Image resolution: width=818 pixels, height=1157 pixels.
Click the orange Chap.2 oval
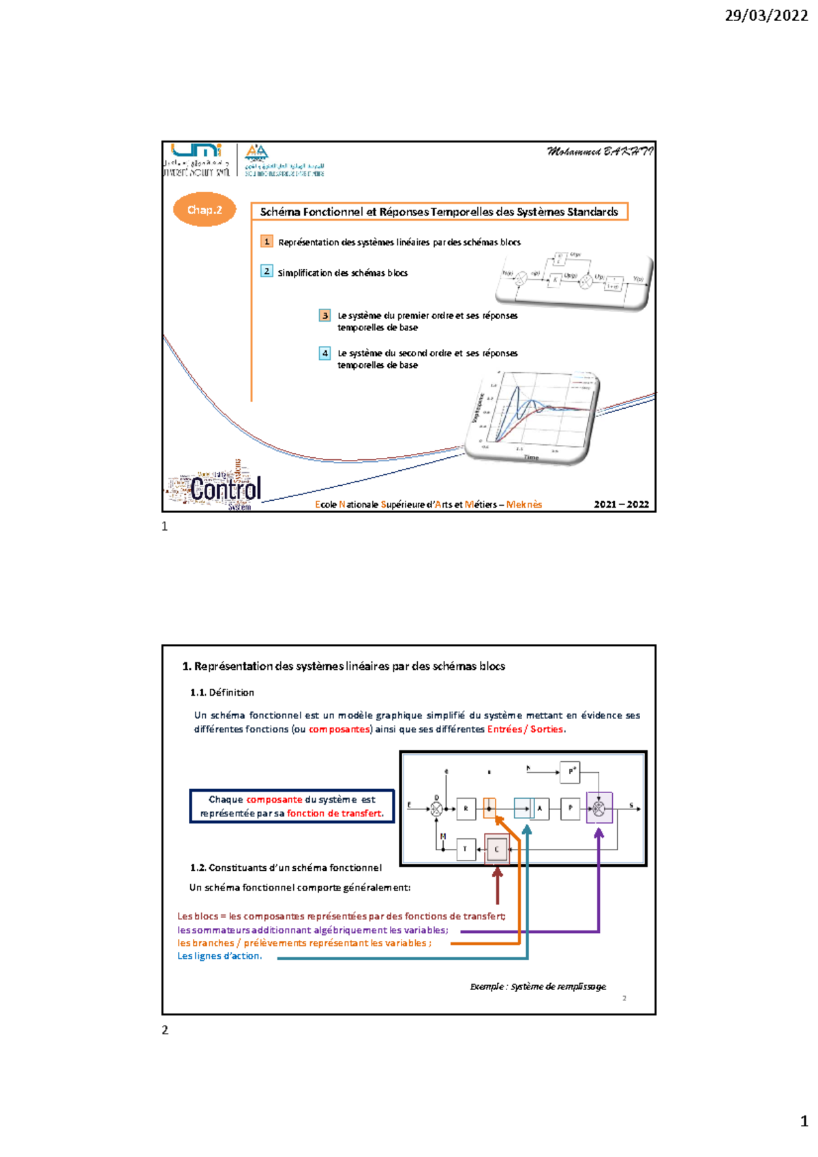click(x=204, y=210)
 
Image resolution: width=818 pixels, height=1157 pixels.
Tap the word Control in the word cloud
click(x=225, y=489)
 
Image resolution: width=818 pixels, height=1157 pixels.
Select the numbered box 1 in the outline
click(x=267, y=241)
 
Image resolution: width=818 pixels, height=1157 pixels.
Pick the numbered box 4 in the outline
click(x=325, y=353)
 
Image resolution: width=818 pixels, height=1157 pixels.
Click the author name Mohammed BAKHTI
click(x=599, y=151)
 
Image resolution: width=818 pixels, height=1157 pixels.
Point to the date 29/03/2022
click(x=766, y=16)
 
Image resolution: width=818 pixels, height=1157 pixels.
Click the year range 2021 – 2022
click(x=621, y=504)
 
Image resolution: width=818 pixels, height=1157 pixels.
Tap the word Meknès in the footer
click(x=524, y=504)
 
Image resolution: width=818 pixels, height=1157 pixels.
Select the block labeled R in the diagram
click(x=466, y=808)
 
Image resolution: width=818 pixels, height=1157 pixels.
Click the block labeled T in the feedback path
click(x=466, y=849)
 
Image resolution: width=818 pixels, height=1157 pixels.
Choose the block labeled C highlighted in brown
click(x=496, y=849)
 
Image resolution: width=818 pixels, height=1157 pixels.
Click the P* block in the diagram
click(x=570, y=771)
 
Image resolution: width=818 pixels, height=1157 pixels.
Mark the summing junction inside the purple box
click(x=599, y=808)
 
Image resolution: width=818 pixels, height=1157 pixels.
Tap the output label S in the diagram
click(x=631, y=805)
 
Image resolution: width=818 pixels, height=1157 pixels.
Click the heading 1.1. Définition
click(x=222, y=692)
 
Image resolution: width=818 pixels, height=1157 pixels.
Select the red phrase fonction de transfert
click(x=335, y=813)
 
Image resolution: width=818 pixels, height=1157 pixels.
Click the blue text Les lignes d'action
click(x=219, y=956)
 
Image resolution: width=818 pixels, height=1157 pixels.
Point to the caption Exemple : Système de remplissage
click(x=538, y=986)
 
